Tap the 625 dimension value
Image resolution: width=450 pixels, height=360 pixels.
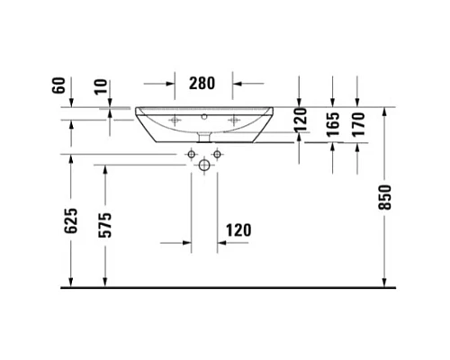(x=73, y=220)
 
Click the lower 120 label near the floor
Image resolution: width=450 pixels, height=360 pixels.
(x=238, y=230)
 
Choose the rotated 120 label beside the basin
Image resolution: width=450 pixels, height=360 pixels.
(x=301, y=117)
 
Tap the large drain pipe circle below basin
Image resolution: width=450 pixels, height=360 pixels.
(x=204, y=166)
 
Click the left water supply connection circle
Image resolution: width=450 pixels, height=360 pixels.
(x=192, y=156)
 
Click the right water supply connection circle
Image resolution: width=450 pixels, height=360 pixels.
(x=217, y=156)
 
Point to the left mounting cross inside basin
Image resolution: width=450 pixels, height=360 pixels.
(x=174, y=120)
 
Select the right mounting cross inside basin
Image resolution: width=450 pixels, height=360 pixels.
(x=235, y=120)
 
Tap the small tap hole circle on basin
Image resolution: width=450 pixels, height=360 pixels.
(x=204, y=116)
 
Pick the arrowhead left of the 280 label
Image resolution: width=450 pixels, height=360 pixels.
(x=170, y=84)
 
